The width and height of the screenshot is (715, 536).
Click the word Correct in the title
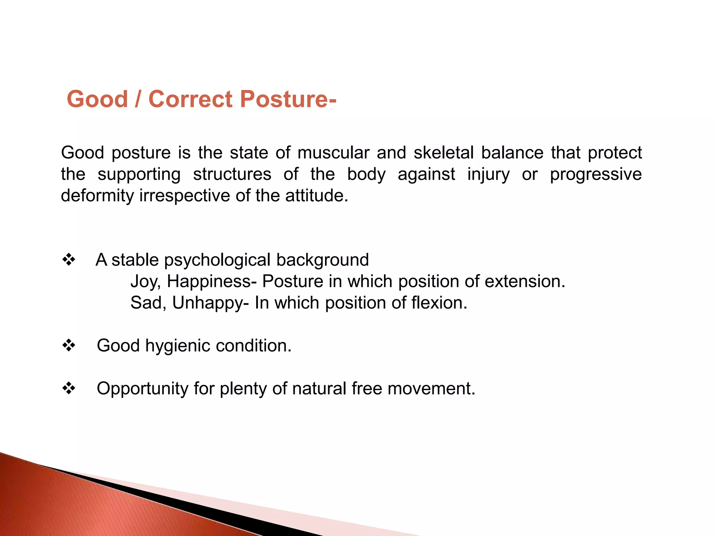pos(190,99)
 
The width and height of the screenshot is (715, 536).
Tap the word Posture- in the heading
pos(288,99)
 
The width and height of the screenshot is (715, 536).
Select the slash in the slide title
pos(138,99)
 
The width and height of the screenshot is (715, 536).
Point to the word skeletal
pos(443,153)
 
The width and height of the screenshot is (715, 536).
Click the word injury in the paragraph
pos(488,174)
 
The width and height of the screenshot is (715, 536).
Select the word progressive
pos(596,174)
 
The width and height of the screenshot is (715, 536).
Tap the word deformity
pos(97,196)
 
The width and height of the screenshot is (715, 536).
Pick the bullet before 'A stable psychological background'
pos(69,260)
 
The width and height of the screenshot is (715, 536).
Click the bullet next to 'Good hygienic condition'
pos(69,345)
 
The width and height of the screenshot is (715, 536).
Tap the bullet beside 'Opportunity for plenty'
pos(69,388)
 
